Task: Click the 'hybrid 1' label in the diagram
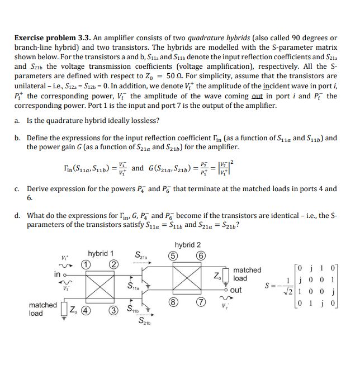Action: click(x=101, y=253)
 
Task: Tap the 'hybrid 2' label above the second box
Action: click(x=188, y=245)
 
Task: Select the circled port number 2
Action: click(x=113, y=264)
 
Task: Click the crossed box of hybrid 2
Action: click(x=188, y=280)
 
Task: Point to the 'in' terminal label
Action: click(x=57, y=274)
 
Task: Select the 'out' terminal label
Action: click(x=236, y=290)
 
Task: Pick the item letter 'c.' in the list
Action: click(x=17, y=189)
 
